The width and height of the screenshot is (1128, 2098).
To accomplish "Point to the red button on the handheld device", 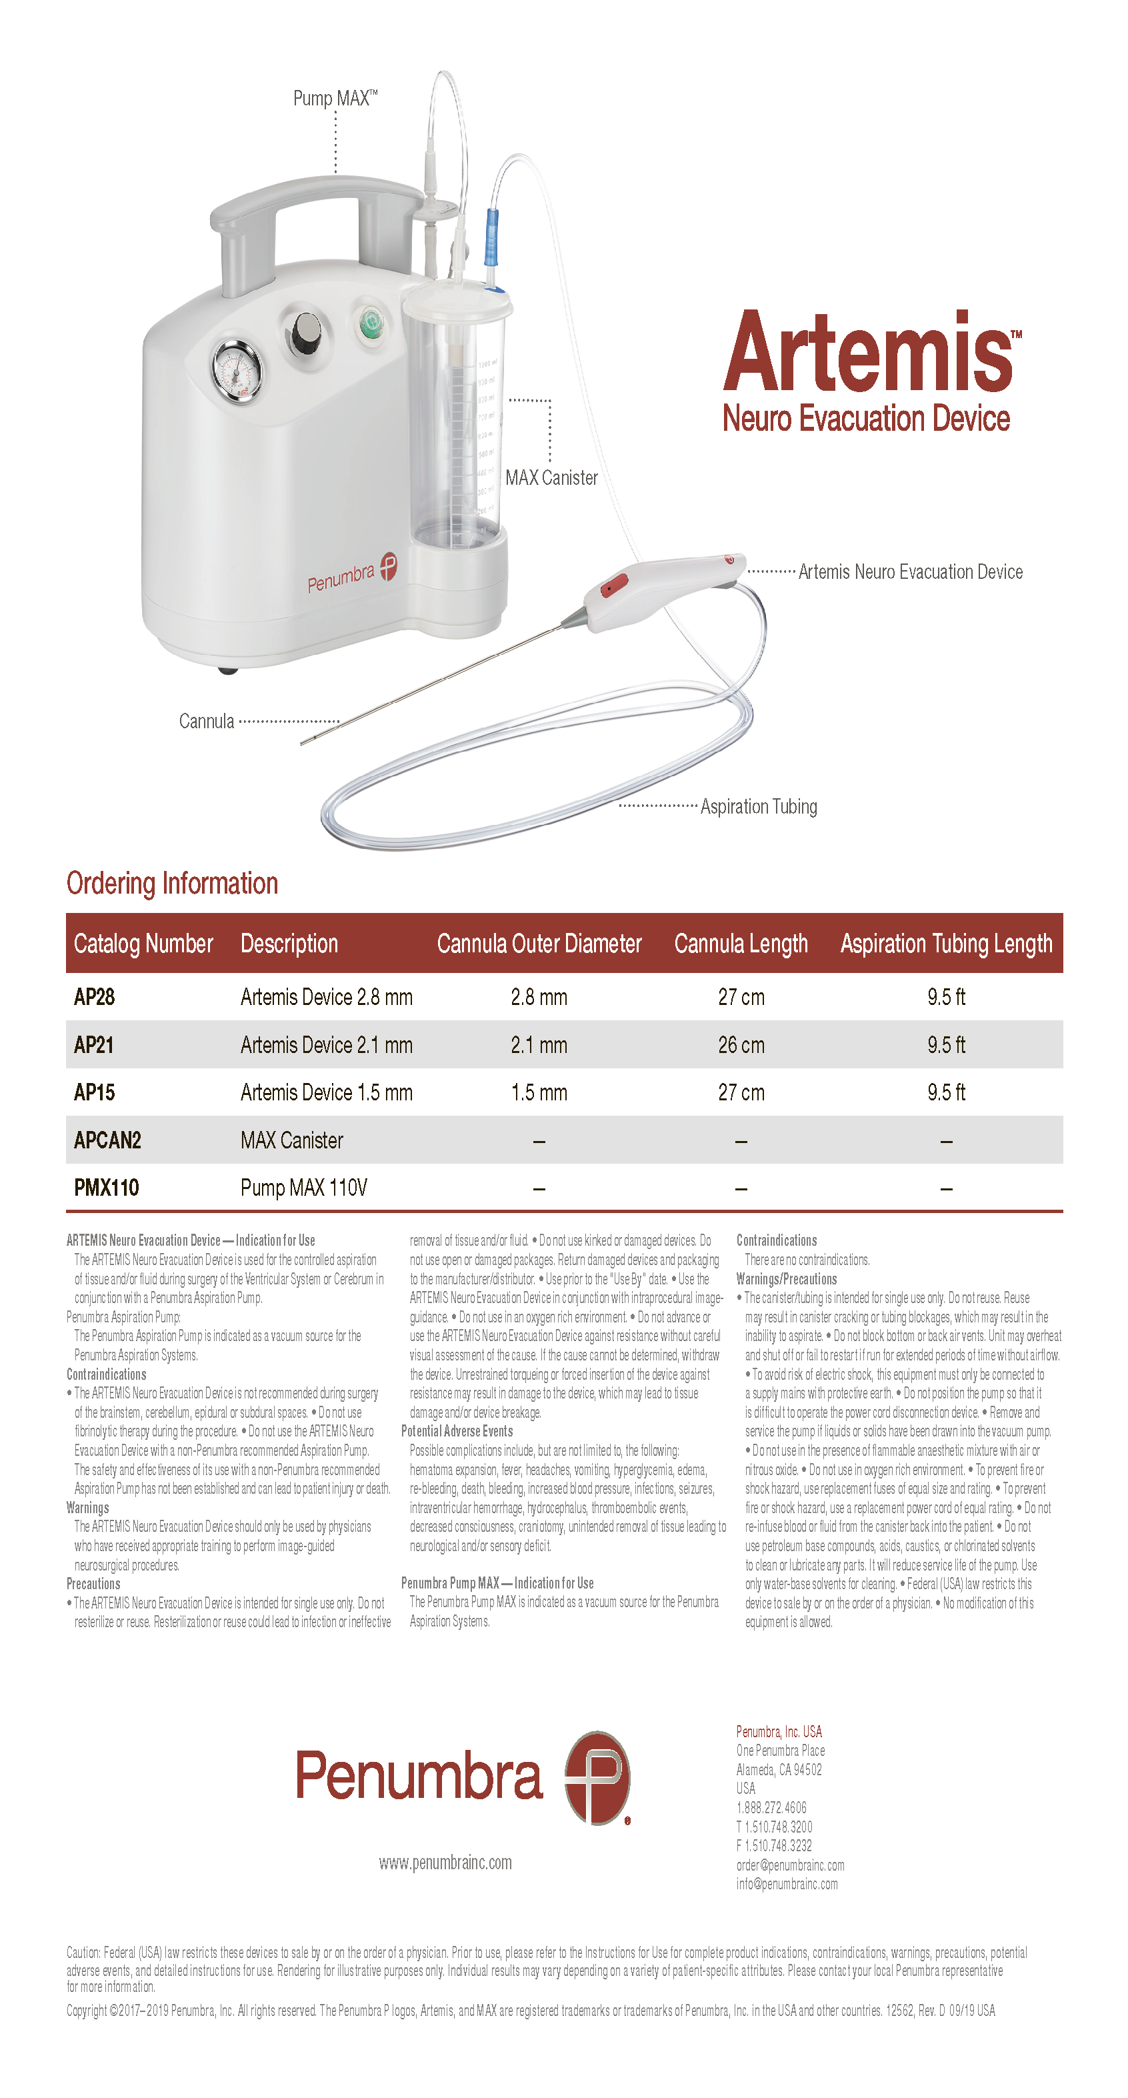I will coord(613,585).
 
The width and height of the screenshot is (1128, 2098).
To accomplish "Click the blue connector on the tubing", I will coord(492,236).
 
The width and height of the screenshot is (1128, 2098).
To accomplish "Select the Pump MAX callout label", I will coord(335,99).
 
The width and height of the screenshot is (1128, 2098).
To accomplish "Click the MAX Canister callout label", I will coord(551,478).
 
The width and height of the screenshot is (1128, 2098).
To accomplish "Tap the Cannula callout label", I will coord(206,722).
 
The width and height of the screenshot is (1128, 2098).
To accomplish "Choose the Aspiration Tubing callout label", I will coord(758,807).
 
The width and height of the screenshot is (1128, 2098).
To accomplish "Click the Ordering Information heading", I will coord(172,884).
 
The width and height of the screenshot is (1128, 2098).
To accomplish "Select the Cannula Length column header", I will coord(740,944).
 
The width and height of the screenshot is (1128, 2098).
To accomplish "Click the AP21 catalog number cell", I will coord(93,1045).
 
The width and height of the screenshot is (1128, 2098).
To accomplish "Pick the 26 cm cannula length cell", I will coord(740,1045).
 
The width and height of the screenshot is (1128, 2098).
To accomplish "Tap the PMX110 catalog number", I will coord(107,1188).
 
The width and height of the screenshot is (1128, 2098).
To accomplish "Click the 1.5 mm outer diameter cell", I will coord(539,1093).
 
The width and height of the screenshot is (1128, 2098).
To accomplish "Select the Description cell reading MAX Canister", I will coord(291,1140).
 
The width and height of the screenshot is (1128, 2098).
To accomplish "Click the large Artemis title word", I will coord(867,352).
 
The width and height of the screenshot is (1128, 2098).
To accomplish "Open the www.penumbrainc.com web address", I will coord(445,1863).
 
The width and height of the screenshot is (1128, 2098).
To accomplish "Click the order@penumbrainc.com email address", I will coord(790,1865).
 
